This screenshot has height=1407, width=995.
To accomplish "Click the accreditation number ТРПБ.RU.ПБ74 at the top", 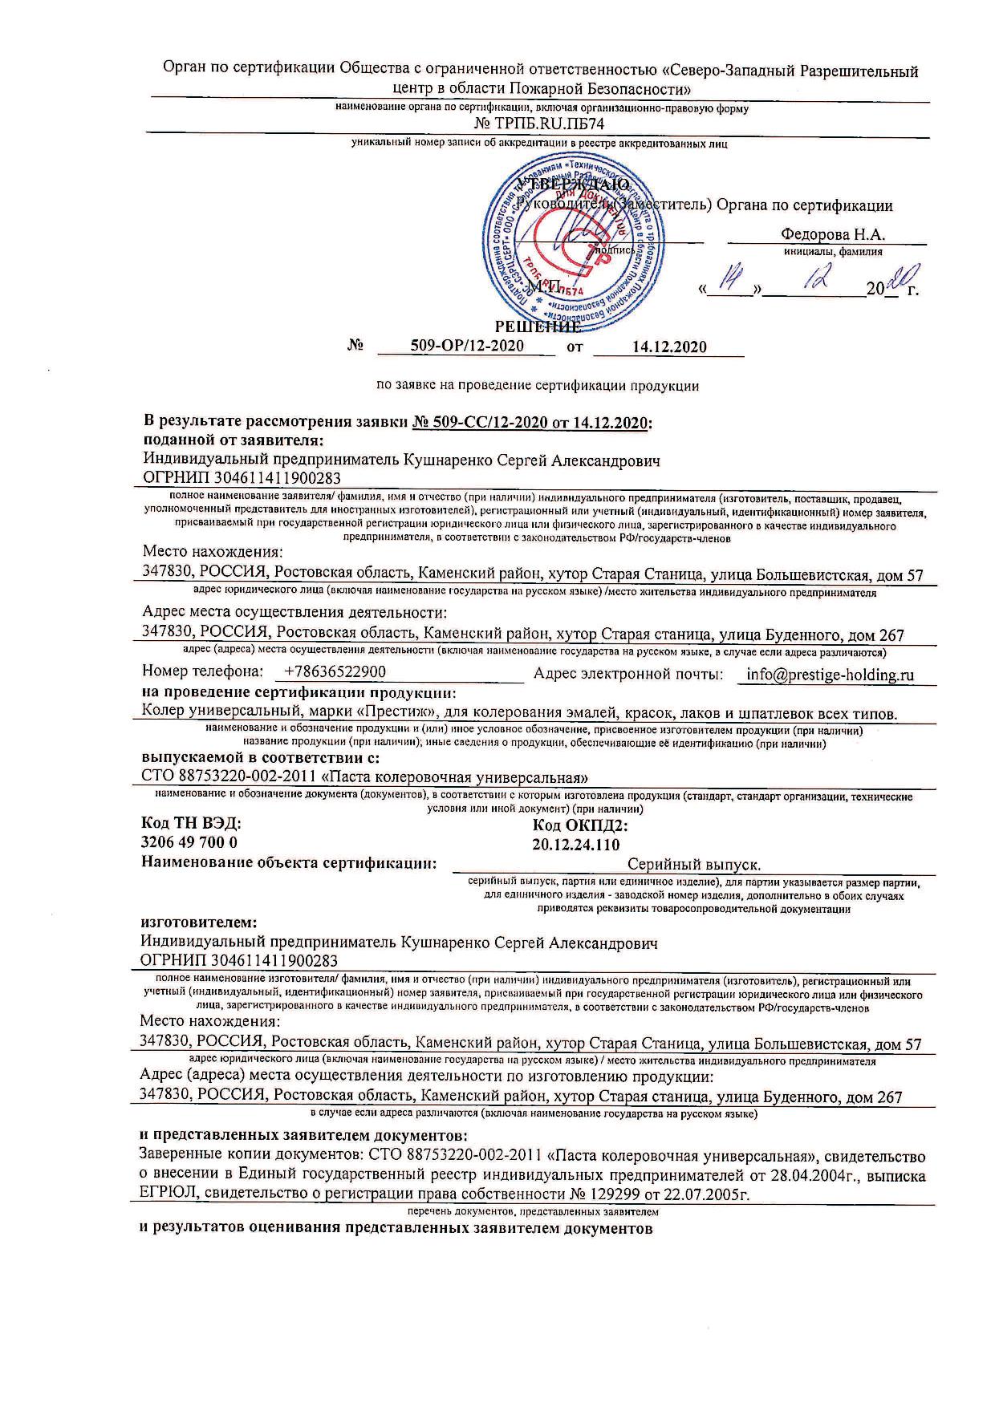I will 539,124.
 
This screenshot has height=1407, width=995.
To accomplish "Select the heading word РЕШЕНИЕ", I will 537,326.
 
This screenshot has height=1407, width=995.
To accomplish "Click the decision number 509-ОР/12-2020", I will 466,346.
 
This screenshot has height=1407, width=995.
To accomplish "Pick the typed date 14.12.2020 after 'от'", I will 668,347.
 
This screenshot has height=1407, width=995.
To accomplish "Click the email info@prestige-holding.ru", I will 830,674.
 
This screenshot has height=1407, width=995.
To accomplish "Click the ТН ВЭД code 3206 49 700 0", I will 189,842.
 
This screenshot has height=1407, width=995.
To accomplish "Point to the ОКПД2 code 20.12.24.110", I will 575,843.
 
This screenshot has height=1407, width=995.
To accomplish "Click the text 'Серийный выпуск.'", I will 693,864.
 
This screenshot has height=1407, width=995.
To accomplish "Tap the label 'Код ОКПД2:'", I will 579,825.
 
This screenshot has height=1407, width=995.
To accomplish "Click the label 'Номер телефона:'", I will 202,671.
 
